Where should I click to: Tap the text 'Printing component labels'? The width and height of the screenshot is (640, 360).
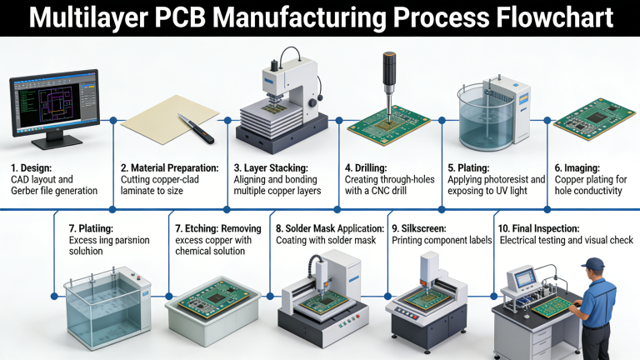click(441, 240)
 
